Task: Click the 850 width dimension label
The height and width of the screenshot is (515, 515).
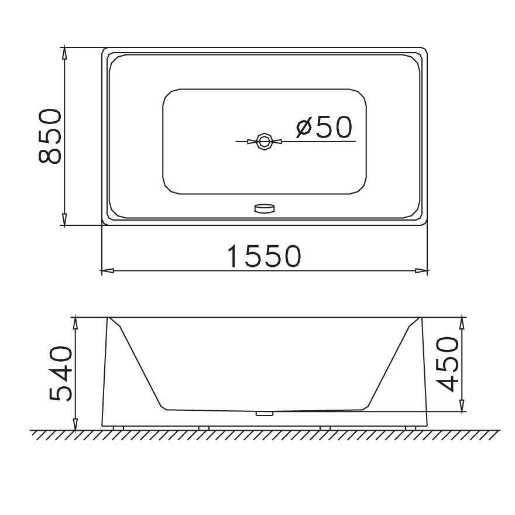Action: [50, 136]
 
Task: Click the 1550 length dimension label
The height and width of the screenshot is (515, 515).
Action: [264, 256]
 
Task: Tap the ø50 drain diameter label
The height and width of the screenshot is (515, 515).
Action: [324, 127]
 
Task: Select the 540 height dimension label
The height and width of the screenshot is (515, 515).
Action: [60, 373]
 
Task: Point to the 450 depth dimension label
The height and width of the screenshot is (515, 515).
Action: [447, 364]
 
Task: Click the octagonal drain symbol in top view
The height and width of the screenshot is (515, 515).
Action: [264, 142]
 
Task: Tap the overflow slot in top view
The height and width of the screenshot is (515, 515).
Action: [264, 208]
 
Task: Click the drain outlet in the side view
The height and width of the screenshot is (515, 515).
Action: [264, 414]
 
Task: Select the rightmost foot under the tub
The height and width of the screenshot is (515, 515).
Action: [411, 428]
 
